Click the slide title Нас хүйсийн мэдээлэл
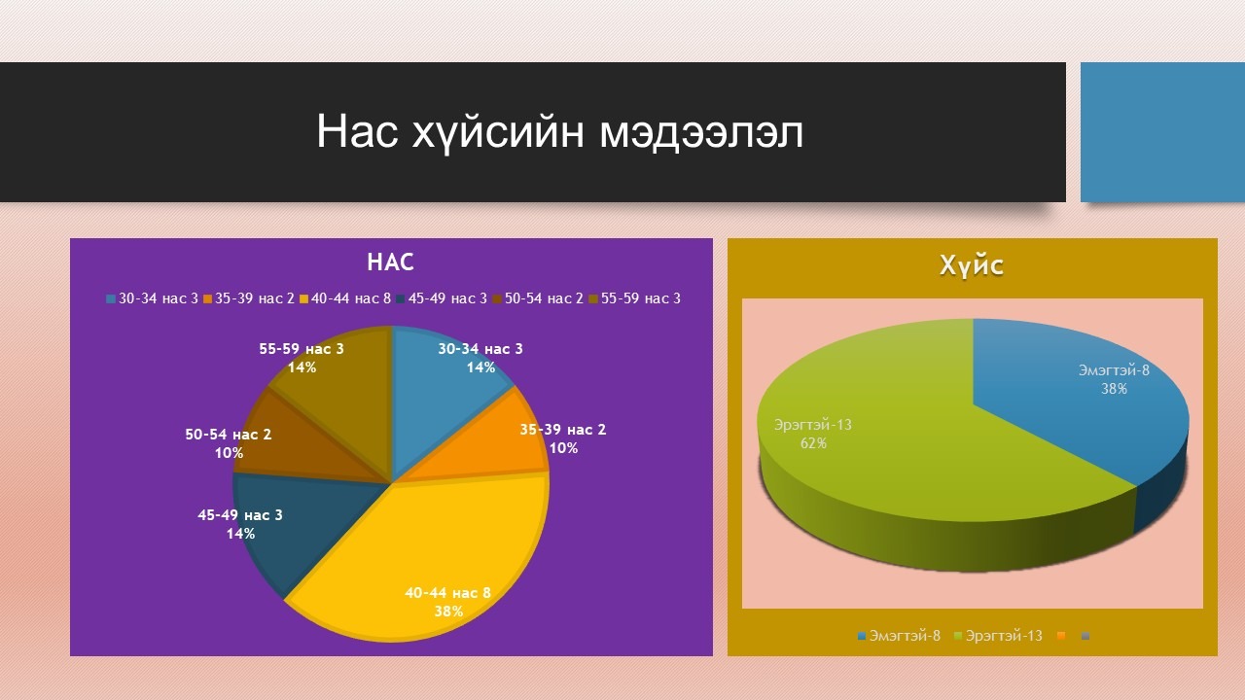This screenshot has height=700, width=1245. (x=559, y=132)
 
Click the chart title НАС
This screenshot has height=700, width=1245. (x=390, y=262)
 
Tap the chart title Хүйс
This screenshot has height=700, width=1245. (x=972, y=265)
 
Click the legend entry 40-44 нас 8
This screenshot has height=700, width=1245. (x=345, y=298)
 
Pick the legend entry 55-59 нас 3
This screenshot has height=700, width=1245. (x=635, y=298)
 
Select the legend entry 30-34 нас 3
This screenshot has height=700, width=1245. (x=152, y=298)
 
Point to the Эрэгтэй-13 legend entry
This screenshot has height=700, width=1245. (x=998, y=636)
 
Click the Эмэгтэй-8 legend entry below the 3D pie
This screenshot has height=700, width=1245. (x=900, y=636)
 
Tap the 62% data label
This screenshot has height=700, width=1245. (x=813, y=443)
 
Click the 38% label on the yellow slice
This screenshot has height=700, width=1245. (x=448, y=612)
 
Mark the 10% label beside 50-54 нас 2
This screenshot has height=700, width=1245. (x=229, y=453)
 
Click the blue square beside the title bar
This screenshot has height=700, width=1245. (x=1162, y=132)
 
